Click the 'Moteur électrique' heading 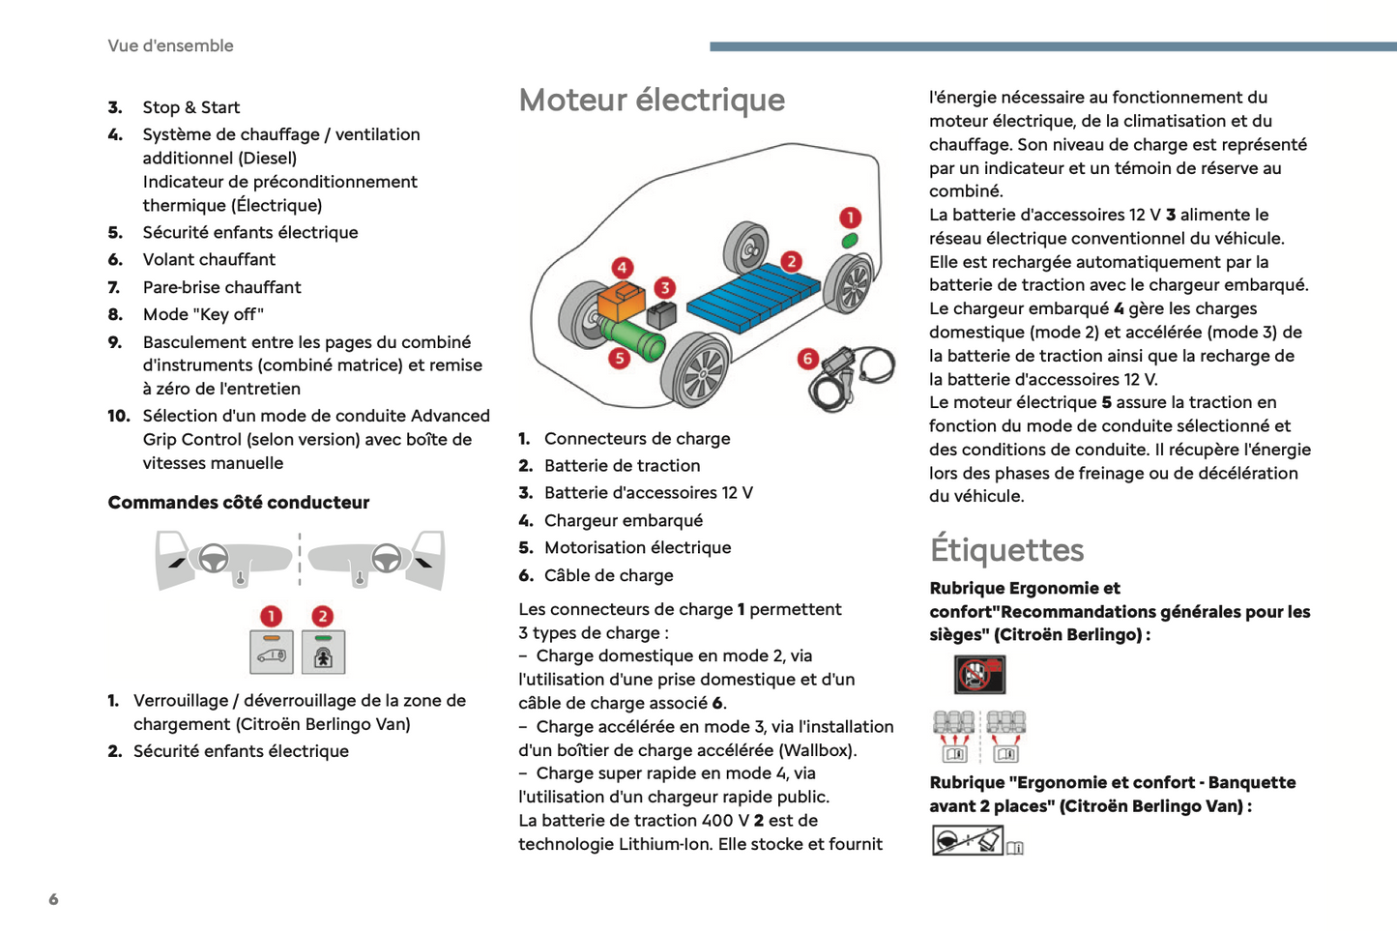(x=652, y=100)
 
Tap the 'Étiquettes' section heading (x=1006, y=549)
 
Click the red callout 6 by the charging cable (x=808, y=359)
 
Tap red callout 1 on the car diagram (x=850, y=218)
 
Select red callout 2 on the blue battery (x=792, y=261)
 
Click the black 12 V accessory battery (x=662, y=314)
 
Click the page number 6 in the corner (x=53, y=899)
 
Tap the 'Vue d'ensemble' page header (x=170, y=45)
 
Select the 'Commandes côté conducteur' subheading (x=238, y=502)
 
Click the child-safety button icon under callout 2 (x=323, y=653)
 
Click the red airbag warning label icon (x=979, y=674)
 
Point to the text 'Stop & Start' (x=191, y=107)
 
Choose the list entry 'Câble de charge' (x=608, y=575)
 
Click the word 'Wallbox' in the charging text (x=817, y=750)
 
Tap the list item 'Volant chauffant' (x=209, y=259)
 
